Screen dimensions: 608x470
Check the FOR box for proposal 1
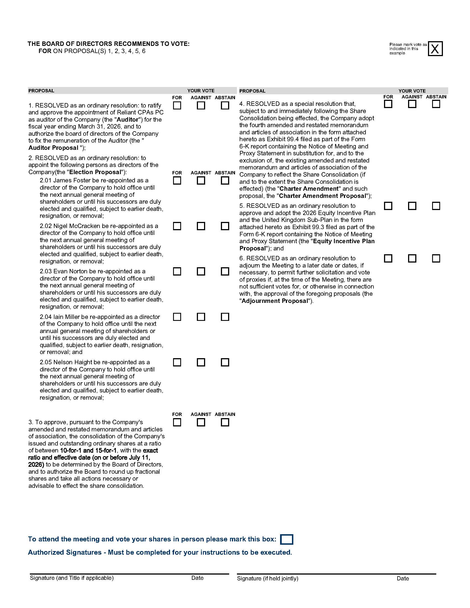pos(177,106)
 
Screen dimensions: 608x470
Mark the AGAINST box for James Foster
pos(201,181)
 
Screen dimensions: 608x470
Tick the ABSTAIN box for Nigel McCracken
pos(225,226)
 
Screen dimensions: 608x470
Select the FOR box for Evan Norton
pos(177,271)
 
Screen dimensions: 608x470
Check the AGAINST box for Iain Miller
pos(201,317)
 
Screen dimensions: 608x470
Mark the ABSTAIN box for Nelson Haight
pos(225,362)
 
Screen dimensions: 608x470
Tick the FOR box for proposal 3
pos(177,422)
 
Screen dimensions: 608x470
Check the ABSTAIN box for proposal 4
pos(436,104)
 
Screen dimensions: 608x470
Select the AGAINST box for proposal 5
pos(412,206)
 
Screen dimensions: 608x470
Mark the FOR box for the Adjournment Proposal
pos(388,258)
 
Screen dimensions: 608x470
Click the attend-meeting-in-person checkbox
pos(286,539)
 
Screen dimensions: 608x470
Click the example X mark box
pos(435,49)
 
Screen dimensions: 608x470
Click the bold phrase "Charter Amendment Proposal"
pos(322,196)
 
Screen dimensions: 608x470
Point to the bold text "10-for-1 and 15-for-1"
pos(88,450)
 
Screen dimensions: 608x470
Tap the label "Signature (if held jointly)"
pos(267,578)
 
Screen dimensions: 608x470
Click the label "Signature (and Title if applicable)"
pos(72,578)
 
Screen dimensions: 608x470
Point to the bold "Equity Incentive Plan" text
pos(344,241)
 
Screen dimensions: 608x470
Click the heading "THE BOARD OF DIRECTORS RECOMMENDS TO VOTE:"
pos(108,44)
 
